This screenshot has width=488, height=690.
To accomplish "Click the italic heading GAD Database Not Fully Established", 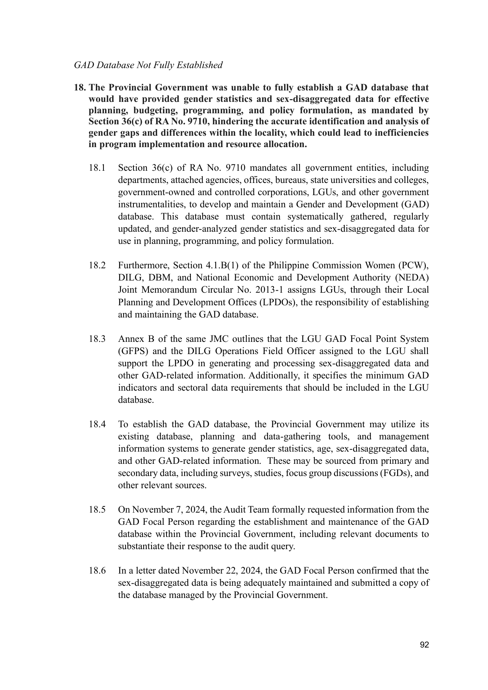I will pos(148,65).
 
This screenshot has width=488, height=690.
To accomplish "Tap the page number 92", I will pos(424,645).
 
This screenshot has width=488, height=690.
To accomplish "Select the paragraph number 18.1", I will pos(97,168).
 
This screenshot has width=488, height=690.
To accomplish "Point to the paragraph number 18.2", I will pos(97,266).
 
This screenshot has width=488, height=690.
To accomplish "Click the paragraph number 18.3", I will pos(97,339).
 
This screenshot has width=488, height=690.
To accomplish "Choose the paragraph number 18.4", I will pos(97,424).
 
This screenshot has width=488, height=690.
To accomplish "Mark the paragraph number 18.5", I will pos(97,509).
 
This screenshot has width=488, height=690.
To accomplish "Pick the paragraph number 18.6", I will pos(97,570).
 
